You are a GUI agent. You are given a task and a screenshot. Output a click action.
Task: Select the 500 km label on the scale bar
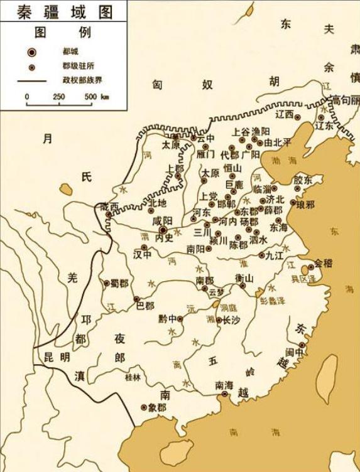tap(95, 97)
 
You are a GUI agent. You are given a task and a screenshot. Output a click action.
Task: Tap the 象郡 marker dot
tap(144, 407)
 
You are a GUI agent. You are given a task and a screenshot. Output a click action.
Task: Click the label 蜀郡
tap(119, 283)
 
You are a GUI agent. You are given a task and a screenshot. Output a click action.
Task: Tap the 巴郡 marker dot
tap(136, 299)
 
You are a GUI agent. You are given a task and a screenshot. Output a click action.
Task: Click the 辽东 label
tap(324, 126)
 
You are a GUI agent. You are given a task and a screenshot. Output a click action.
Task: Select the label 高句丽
tap(346, 100)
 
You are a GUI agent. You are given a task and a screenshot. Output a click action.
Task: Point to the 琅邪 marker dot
tap(293, 202)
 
